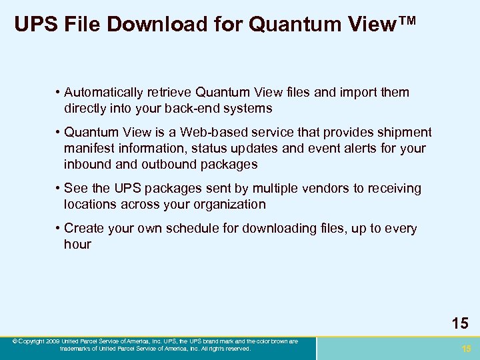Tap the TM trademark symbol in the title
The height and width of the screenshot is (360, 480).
tap(402, 22)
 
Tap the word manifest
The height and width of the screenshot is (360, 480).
tap(89, 148)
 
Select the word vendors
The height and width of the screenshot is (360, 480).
tap(327, 189)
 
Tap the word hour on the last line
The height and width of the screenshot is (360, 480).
tap(77, 244)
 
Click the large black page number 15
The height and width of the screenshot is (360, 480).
tap(459, 324)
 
